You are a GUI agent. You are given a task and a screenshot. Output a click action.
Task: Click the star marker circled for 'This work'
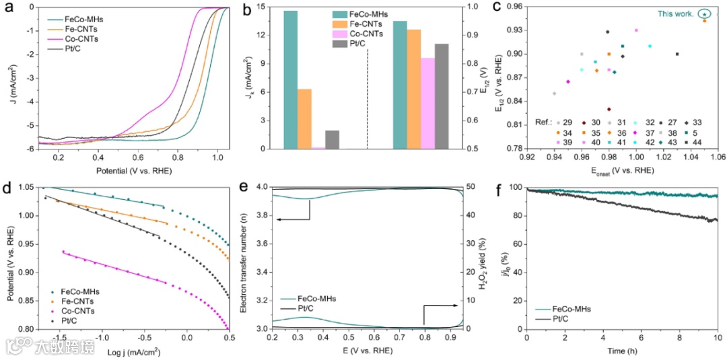(704, 13)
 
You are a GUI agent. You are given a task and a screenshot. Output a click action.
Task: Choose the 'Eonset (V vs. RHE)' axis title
(619, 170)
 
